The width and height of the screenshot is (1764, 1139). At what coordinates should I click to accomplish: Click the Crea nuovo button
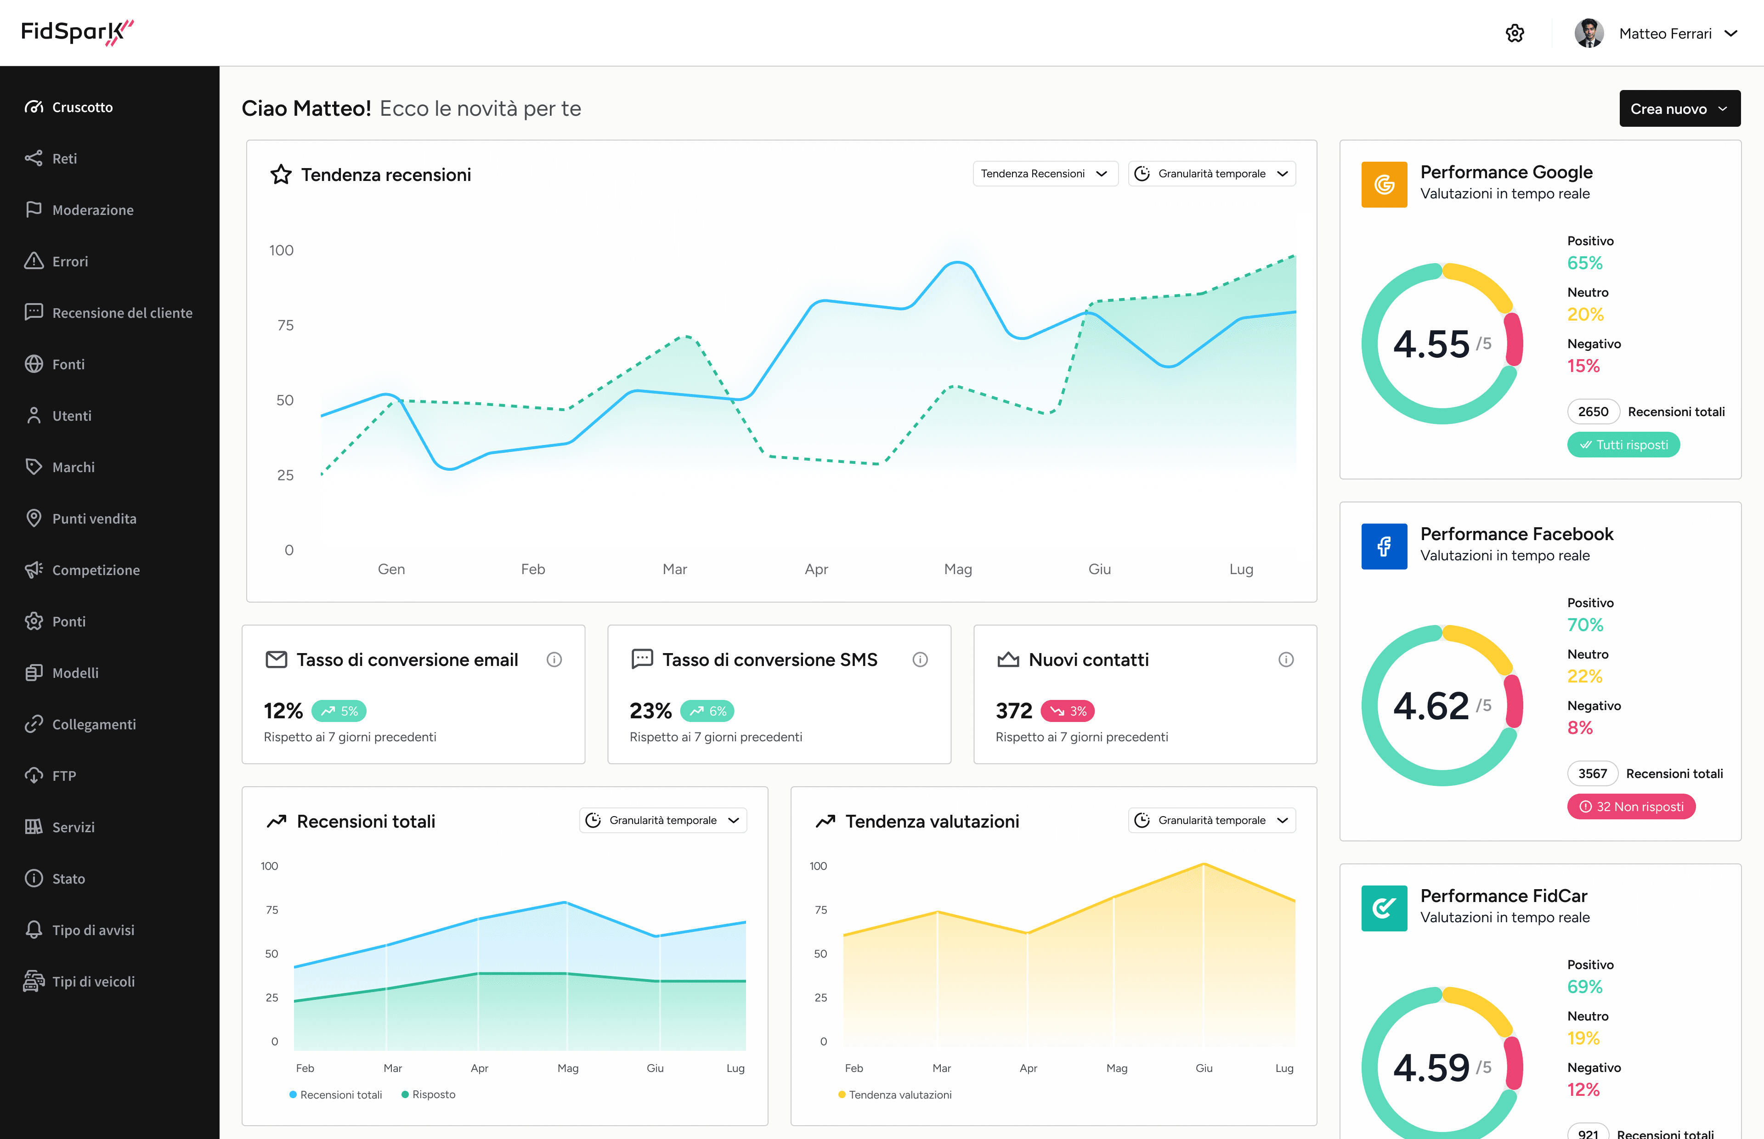1679,109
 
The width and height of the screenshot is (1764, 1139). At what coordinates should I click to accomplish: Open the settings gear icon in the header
1514,33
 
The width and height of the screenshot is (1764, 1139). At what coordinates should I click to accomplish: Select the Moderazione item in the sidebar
92,210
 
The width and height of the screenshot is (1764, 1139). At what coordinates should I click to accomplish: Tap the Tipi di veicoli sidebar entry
93,981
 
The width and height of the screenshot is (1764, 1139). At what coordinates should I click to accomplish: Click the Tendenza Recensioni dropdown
1044,174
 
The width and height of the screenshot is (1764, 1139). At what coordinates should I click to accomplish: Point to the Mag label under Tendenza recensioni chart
958,569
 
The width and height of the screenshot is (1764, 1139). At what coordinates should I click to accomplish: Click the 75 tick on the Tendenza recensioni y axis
285,326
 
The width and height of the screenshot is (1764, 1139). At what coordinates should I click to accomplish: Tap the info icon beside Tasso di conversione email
554,660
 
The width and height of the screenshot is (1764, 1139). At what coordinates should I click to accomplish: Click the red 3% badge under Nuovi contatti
1067,711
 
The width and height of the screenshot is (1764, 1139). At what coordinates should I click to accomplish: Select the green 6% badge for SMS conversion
707,711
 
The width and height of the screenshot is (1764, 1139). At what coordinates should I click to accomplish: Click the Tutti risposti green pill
1623,445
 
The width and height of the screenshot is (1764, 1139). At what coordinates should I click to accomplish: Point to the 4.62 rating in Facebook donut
1430,706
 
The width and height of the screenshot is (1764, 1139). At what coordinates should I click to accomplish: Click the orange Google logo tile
1384,185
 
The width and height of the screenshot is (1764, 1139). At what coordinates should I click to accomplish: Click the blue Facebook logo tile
1384,547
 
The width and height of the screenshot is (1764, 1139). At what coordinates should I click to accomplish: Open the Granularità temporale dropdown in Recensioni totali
663,820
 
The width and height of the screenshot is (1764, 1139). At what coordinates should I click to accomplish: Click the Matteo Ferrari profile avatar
1589,33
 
